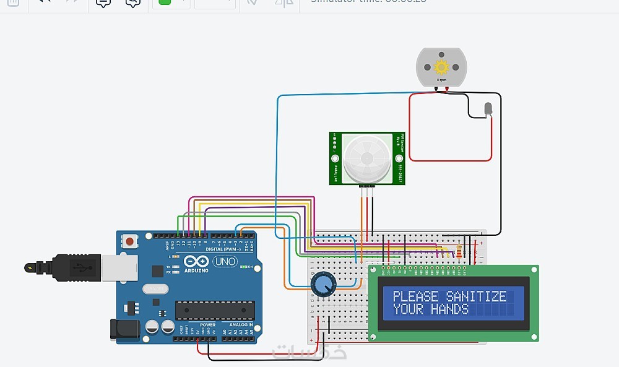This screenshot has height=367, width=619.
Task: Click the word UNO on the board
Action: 225,262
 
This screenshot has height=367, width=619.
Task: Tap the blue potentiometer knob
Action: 322,285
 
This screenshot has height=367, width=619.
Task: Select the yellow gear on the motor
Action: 441,67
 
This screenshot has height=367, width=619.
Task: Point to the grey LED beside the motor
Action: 488,110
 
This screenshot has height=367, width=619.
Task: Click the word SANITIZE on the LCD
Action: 477,296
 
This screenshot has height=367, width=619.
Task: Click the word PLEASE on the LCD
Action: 416,296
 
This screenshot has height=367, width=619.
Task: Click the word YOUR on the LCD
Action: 408,309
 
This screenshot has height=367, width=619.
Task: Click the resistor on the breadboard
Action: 459,251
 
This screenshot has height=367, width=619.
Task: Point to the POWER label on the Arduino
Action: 208,325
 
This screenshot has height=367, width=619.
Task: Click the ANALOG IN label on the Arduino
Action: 241,325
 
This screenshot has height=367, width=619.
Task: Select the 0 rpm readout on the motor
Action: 441,80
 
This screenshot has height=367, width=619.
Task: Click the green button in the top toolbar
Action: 164,2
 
